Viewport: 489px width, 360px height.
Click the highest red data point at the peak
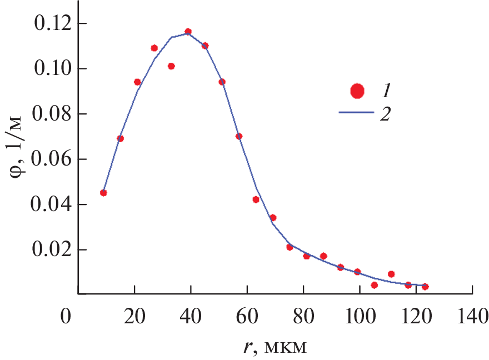[x=188, y=32]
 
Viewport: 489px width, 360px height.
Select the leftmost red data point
[x=103, y=193]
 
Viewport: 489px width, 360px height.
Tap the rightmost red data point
[x=425, y=287]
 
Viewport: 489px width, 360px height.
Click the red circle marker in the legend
[x=357, y=91]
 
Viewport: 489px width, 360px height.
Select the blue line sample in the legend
[x=356, y=112]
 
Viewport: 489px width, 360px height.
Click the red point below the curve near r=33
[x=171, y=66]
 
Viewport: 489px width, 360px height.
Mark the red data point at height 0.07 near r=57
[x=239, y=136]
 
